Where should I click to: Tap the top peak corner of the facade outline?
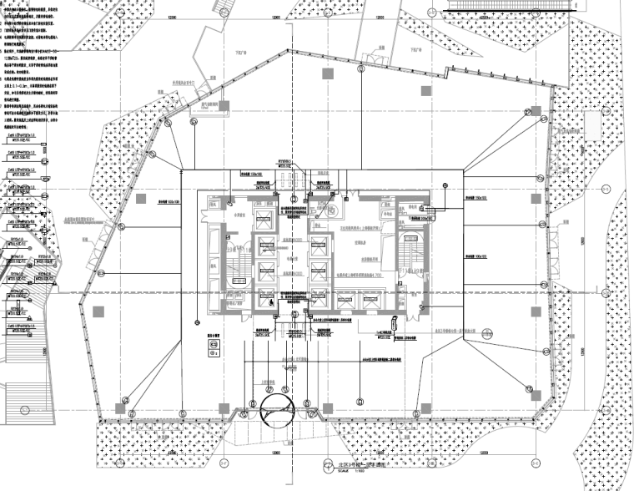294,50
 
